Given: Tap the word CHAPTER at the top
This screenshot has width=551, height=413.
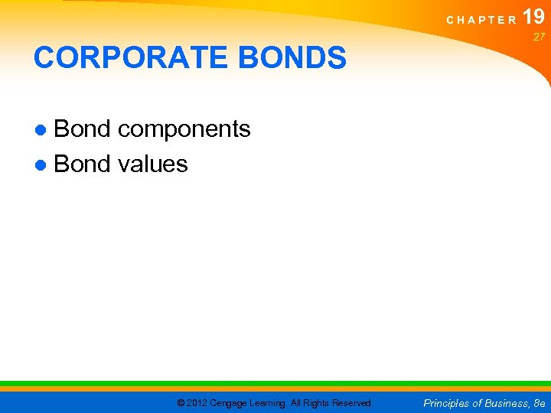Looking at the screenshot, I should point(481,20).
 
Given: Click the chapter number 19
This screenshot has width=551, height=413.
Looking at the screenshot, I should point(534,17).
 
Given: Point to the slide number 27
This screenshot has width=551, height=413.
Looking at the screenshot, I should point(539,36).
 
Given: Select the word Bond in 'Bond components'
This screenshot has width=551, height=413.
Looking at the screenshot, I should point(82,129).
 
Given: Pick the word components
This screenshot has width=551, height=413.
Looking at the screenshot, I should point(184,130).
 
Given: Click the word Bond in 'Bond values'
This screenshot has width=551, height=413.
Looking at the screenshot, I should point(82,164).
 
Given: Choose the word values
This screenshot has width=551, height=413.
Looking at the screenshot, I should point(153,164).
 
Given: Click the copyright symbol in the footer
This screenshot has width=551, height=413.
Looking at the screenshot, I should point(181,402).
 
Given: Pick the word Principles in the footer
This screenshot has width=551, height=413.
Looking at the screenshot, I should point(447,402).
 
